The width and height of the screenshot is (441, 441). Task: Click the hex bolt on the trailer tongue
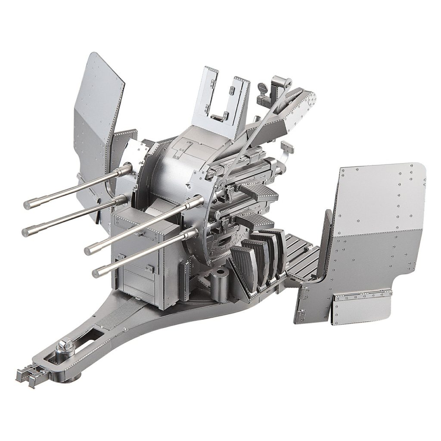coord(66,345)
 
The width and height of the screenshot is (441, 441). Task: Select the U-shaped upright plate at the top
coord(221,97)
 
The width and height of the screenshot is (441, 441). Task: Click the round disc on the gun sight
coord(261,88)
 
